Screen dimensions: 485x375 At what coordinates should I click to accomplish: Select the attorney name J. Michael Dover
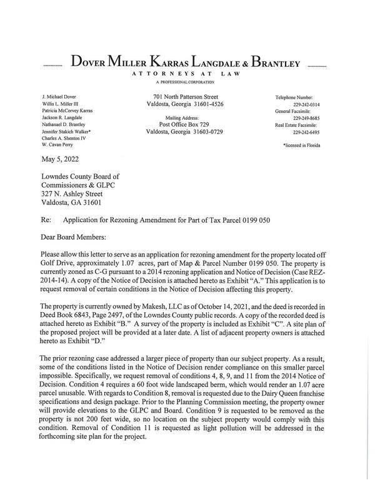click(x=59, y=98)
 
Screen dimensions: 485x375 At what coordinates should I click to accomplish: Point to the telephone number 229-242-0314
click(x=306, y=105)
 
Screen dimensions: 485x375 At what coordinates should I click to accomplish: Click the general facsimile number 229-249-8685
click(x=306, y=119)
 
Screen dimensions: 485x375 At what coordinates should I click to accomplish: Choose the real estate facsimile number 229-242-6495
click(x=306, y=132)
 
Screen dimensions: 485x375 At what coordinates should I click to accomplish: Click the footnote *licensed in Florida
click(x=301, y=145)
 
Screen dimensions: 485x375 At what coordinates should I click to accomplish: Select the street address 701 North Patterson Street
click(x=186, y=97)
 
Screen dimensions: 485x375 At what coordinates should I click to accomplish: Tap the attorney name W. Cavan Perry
click(x=57, y=146)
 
